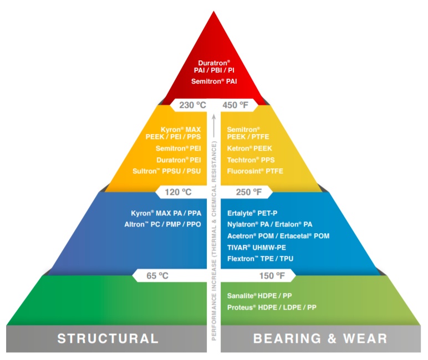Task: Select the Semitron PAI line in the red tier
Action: (x=214, y=81)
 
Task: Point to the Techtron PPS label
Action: (x=251, y=160)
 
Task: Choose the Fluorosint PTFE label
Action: (x=255, y=171)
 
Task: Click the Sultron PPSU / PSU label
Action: (x=165, y=171)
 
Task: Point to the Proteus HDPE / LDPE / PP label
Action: (x=272, y=307)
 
